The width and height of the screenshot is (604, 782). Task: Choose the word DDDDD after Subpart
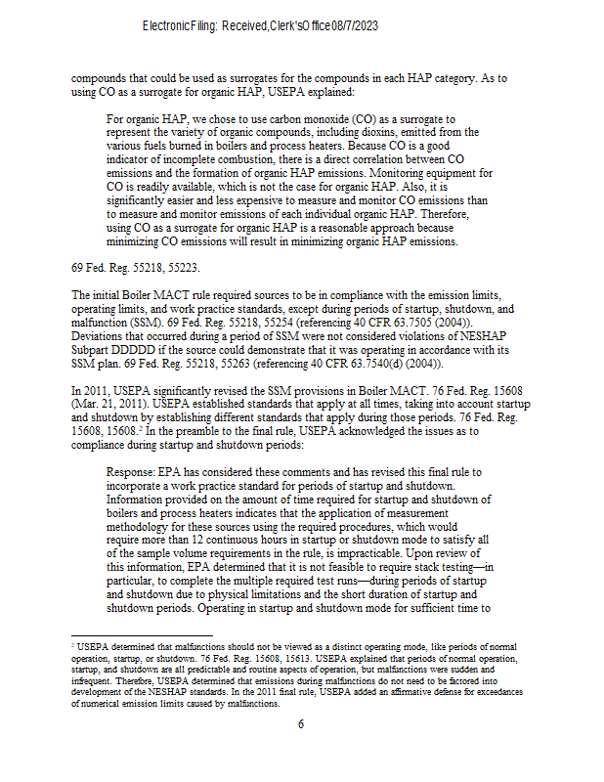tap(144, 350)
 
